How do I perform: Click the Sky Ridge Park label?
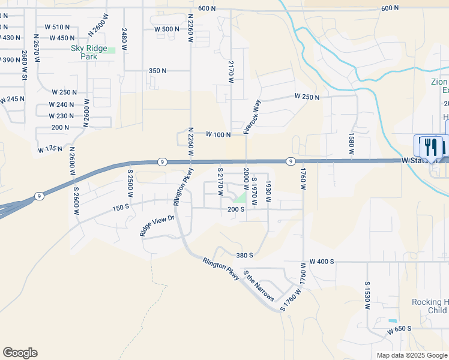(88, 52)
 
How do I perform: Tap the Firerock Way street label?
(252, 117)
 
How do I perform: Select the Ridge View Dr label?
(157, 222)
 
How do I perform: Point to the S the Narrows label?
(259, 286)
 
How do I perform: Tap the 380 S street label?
(245, 255)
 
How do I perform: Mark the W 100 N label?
(218, 134)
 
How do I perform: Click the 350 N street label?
(157, 71)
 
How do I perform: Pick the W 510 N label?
(58, 27)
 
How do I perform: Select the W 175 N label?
(50, 148)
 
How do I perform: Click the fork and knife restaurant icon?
(430, 146)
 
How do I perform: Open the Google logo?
(20, 353)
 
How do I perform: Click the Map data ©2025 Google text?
(411, 355)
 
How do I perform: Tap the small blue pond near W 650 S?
(393, 321)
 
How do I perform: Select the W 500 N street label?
(167, 29)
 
